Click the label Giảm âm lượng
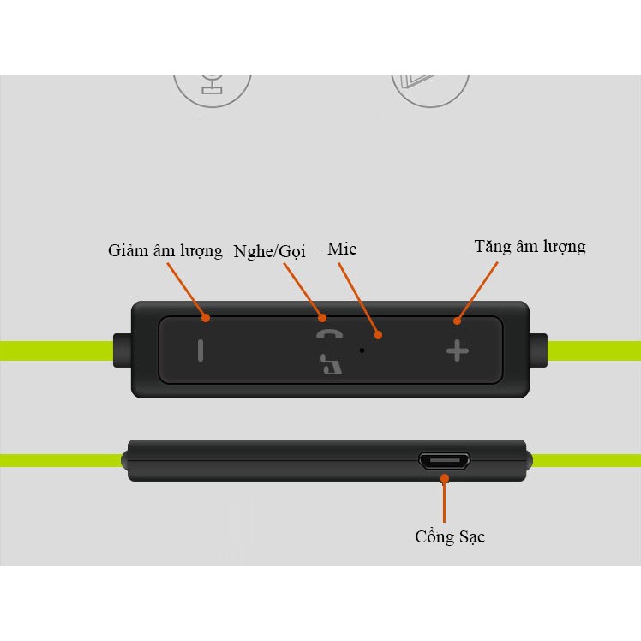click(165, 251)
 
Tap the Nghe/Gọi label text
click(269, 252)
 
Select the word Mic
click(342, 249)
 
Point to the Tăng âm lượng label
click(530, 247)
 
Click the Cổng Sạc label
click(450, 537)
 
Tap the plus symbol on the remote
click(458, 350)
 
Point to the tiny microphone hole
click(362, 350)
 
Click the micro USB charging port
click(444, 462)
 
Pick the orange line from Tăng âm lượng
click(479, 291)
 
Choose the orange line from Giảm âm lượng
click(186, 291)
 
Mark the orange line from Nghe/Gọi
click(303, 290)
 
